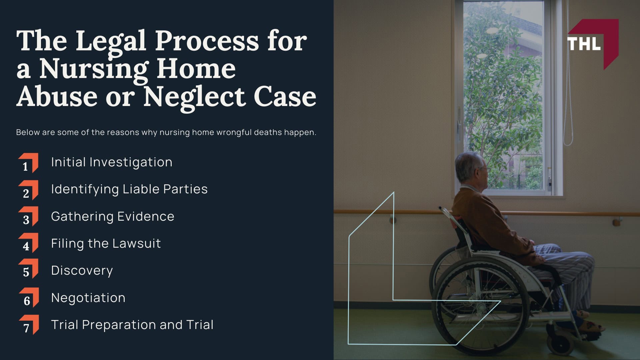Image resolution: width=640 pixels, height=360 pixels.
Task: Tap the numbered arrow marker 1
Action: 28,163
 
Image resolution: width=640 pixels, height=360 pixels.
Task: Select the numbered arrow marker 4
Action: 28,243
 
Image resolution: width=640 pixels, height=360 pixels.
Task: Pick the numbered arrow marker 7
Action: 29,325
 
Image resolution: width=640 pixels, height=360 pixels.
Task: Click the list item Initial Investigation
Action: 112,162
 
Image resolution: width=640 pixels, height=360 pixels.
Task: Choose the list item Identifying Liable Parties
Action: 129,189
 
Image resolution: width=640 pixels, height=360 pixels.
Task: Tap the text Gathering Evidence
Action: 113,217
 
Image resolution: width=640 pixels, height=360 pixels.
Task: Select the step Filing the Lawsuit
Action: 106,244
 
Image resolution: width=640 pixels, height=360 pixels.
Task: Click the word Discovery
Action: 82,271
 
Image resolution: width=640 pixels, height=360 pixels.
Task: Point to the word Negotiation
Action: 88,298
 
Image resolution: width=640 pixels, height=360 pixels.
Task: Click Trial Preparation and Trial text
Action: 132,325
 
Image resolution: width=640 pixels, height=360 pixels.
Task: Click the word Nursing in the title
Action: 93,69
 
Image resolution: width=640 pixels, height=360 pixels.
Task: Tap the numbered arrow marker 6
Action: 29,297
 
